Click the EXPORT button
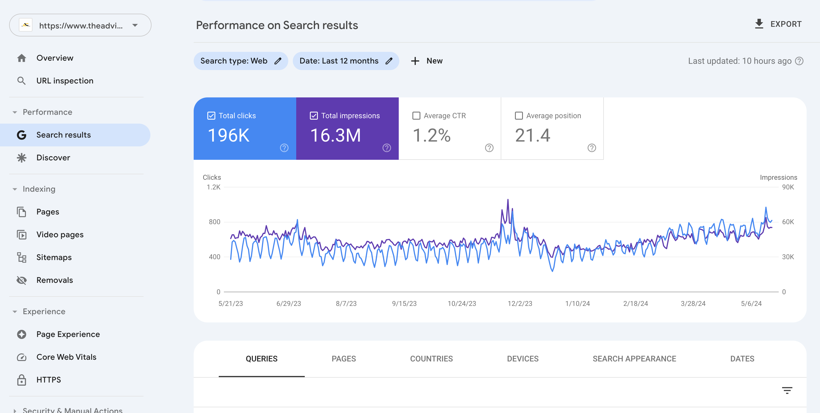(x=778, y=24)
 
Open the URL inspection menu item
(x=65, y=81)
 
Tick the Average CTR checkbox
(x=416, y=116)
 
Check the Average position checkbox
(x=519, y=116)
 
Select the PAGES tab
(x=343, y=359)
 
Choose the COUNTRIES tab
(x=431, y=359)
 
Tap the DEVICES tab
(x=523, y=359)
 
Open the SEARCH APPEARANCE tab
(x=634, y=359)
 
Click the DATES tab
(x=742, y=359)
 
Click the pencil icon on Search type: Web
(x=278, y=61)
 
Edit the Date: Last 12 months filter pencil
(x=389, y=61)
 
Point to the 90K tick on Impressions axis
(x=788, y=187)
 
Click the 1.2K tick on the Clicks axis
(x=213, y=187)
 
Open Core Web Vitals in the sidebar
(x=66, y=357)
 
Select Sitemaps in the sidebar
(x=54, y=257)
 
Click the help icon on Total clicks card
(x=284, y=148)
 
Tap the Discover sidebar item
(x=53, y=158)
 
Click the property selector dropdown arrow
(x=135, y=25)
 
